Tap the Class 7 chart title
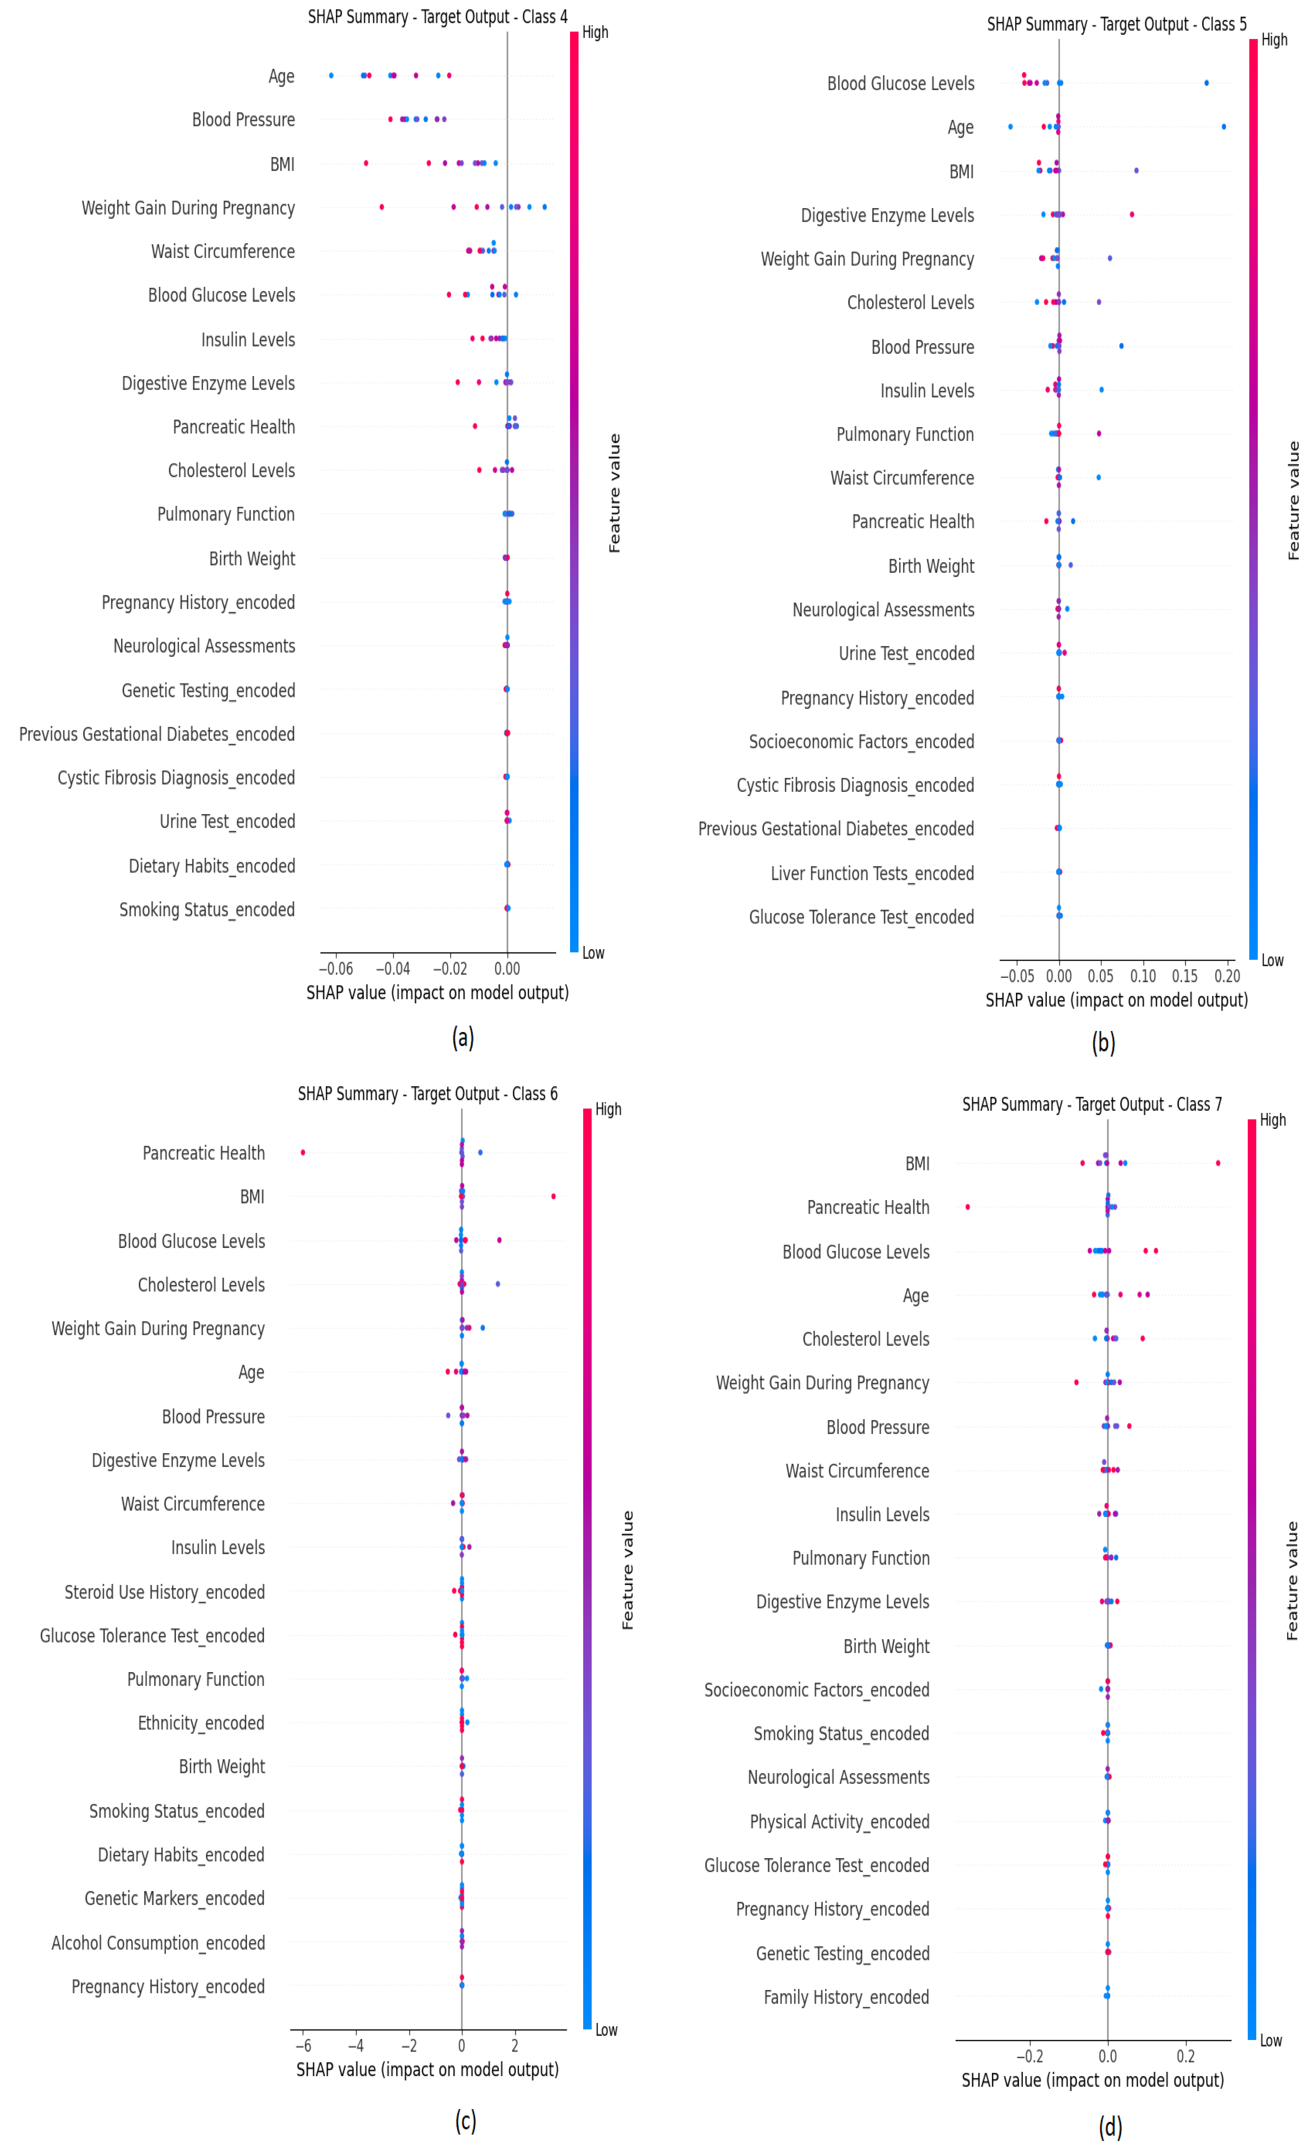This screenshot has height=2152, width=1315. pos(1092,1104)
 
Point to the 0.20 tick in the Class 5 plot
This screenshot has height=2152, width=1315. pos(1227,975)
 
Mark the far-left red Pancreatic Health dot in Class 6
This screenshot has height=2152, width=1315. pos(303,1152)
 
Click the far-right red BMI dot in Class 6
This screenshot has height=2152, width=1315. pos(553,1196)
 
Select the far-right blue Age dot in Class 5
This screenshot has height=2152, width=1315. pos(1223,127)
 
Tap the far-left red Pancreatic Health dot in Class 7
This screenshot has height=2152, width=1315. pos(967,1206)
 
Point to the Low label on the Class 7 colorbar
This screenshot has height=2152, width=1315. pos(1271,2040)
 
